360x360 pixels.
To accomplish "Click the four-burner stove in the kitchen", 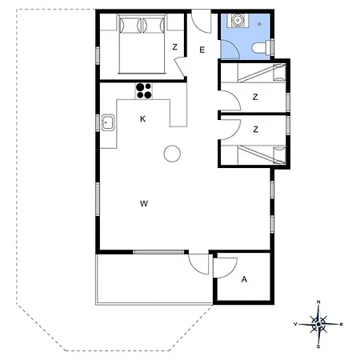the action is pos(144,91).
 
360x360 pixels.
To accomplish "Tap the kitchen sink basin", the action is pos(108,122).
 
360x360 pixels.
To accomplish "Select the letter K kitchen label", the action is pos(142,119).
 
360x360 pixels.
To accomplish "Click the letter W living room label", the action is pos(144,204).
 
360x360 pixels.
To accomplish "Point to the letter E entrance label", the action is pos(202,50).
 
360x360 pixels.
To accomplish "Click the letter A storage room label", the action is pos(244,279).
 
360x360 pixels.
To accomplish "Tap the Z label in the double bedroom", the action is pos(174,47).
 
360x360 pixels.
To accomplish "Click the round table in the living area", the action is pos(172,154).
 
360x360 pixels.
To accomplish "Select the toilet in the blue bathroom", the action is pos(262,47).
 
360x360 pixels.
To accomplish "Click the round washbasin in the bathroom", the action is pos(237,20).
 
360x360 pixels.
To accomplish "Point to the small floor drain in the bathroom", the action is pos(259,24).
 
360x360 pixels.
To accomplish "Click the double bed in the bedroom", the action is pos(142,44).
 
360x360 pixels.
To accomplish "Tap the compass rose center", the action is pos(318,324).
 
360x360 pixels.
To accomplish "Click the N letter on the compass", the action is pos(318,302).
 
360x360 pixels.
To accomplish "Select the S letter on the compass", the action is pos(318,347).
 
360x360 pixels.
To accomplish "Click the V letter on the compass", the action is pos(295,324).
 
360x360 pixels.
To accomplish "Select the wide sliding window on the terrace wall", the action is pos(158,252).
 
